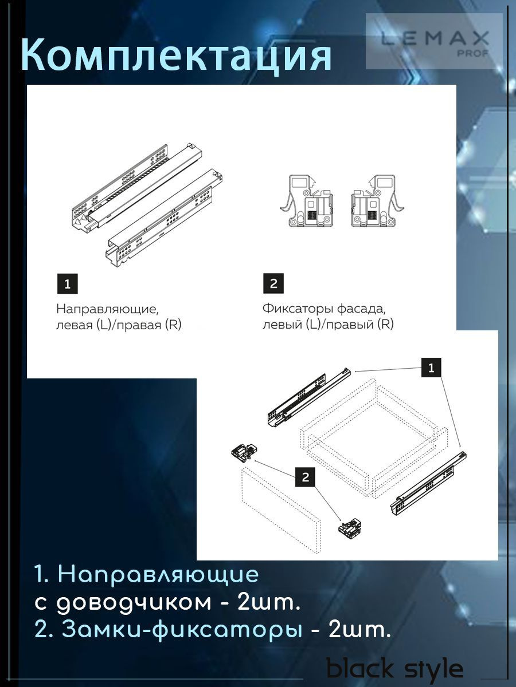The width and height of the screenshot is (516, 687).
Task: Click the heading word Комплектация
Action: (x=177, y=56)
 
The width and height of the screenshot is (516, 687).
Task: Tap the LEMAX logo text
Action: (x=435, y=39)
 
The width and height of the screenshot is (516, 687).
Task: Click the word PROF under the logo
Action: (x=474, y=53)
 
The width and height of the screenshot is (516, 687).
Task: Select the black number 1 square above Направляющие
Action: (x=67, y=284)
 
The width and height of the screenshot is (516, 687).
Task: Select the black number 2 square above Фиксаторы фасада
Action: (x=273, y=283)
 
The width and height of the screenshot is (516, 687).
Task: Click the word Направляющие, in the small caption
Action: (x=107, y=310)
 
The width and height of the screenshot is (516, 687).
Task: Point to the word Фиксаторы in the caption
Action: (x=298, y=309)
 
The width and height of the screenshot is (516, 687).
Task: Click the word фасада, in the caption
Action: (x=360, y=309)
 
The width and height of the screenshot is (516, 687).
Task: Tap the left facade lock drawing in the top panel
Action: (x=307, y=200)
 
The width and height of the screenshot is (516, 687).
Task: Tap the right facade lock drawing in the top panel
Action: (x=377, y=200)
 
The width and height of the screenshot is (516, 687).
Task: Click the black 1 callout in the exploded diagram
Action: (x=431, y=368)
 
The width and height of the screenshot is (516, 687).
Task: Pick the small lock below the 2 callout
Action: (x=350, y=528)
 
